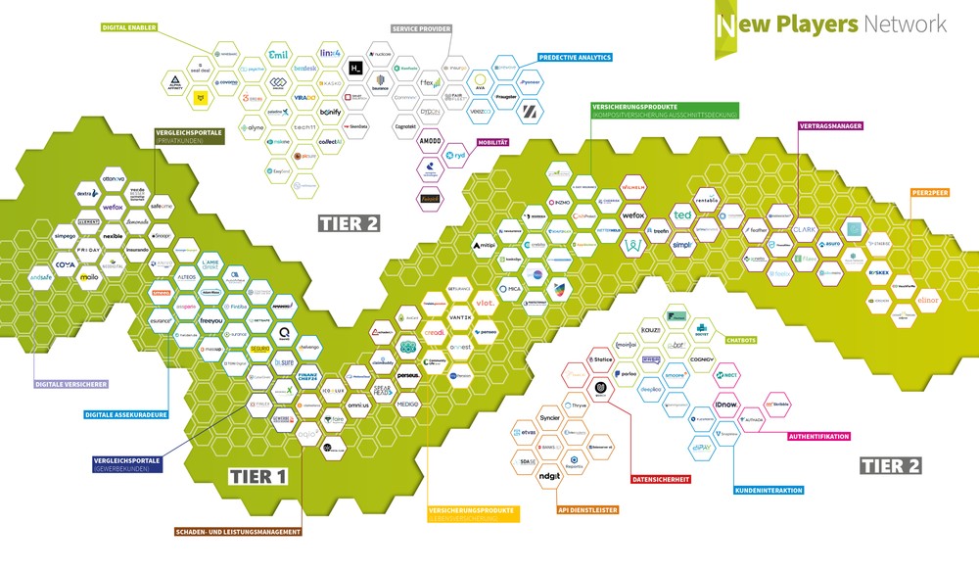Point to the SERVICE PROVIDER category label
pyautogui.click(x=421, y=29)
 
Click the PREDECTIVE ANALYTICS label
pyautogui.click(x=575, y=58)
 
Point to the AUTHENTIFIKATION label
pyautogui.click(x=817, y=437)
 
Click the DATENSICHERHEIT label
pyautogui.click(x=660, y=479)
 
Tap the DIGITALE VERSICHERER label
pyautogui.click(x=70, y=384)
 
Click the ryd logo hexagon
pyautogui.click(x=456, y=156)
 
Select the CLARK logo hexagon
pyautogui.click(x=805, y=229)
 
